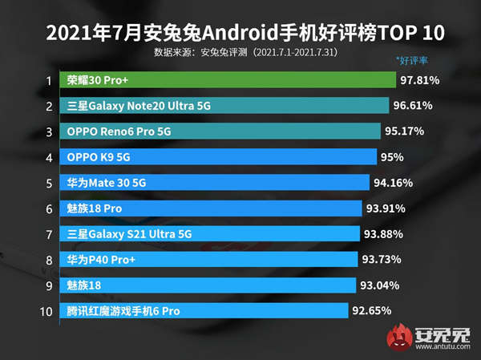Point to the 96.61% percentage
click(414, 106)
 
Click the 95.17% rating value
click(405, 131)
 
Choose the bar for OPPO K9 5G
click(217, 156)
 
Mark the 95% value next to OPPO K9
click(394, 156)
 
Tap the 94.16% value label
click(394, 182)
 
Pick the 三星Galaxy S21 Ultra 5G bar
click(209, 234)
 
